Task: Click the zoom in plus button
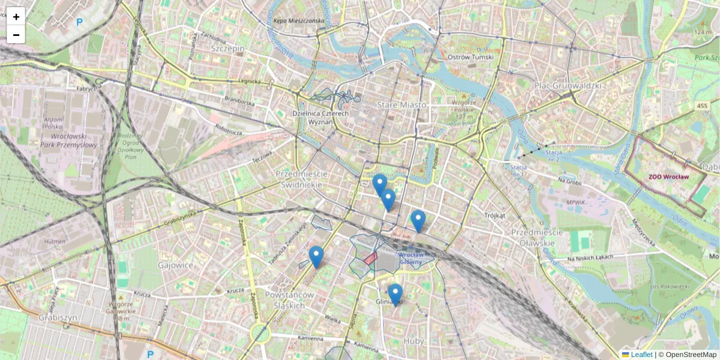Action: pos(16,16)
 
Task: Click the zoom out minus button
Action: pos(16,34)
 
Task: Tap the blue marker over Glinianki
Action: pos(395,294)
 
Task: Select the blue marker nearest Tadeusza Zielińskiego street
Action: pos(316,256)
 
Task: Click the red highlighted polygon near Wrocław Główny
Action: pos(370,259)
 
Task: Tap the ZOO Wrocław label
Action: pos(668,177)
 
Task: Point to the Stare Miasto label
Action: pos(401,105)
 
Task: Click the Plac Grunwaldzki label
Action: pos(567,86)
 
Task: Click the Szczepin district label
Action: pos(227,48)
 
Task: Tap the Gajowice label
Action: pos(176,265)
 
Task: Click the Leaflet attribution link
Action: pos(641,355)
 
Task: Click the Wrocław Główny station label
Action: pos(412,258)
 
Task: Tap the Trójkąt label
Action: pos(495,215)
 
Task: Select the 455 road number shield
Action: pos(702,106)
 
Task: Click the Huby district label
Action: pos(413,341)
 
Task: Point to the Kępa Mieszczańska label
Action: pos(298,20)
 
